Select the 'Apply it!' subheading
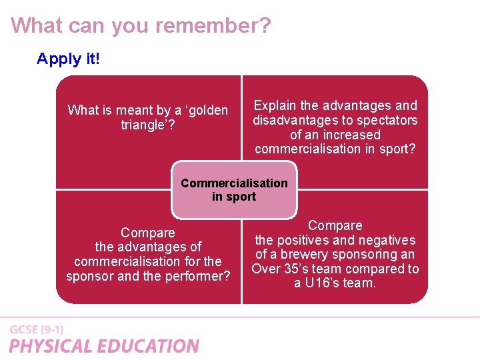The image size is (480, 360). point(68,59)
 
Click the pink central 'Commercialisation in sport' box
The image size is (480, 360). point(234,190)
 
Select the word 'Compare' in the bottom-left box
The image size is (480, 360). point(148,233)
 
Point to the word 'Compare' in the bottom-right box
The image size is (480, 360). point(335,225)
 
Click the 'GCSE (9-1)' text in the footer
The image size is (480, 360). point(37,330)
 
